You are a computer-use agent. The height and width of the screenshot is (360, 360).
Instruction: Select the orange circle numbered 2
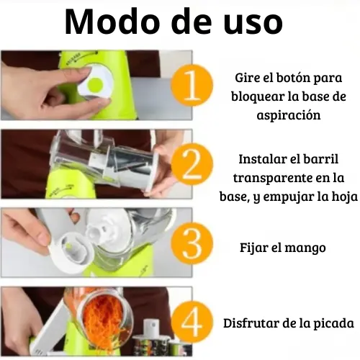(x=192, y=164)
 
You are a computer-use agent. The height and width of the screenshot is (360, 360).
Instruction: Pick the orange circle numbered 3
(x=192, y=243)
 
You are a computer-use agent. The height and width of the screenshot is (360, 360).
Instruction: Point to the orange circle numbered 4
(x=192, y=323)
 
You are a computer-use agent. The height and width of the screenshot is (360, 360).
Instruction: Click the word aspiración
(x=289, y=115)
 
